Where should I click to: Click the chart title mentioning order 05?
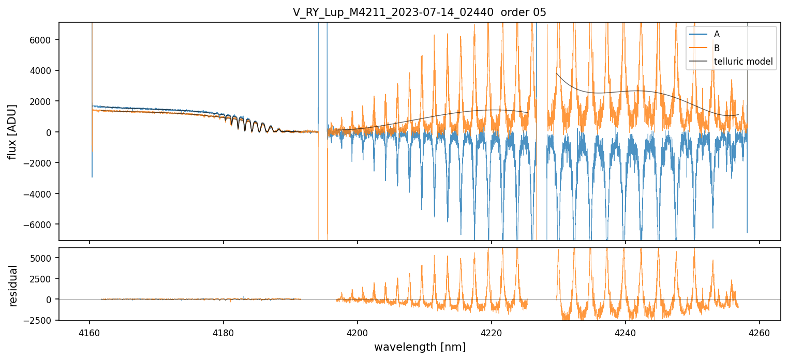tap(419, 12)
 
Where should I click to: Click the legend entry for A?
tap(717, 34)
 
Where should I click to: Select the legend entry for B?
tap(717, 48)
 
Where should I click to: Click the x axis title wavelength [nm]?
tap(420, 347)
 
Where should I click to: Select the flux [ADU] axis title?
tap(12, 131)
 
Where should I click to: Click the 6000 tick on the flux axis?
tap(42, 40)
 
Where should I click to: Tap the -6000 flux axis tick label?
tap(40, 224)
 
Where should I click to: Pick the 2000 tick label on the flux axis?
tap(42, 101)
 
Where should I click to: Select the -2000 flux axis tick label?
tap(40, 163)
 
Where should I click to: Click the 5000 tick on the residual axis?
tap(42, 258)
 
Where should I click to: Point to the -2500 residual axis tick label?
tap(40, 320)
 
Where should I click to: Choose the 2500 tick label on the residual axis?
tap(42, 279)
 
